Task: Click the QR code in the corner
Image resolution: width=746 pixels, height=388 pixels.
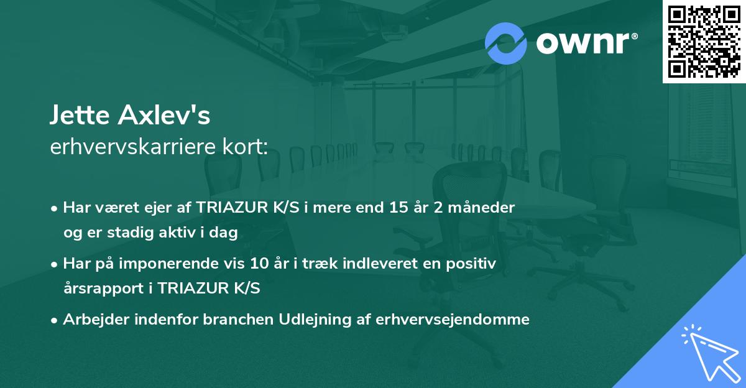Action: click(704, 41)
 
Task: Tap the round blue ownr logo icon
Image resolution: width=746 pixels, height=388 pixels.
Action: click(506, 44)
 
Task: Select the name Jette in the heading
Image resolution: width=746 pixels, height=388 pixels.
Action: click(76, 116)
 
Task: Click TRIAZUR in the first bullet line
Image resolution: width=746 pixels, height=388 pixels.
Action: click(229, 208)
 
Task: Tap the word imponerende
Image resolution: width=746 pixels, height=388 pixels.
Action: click(190, 264)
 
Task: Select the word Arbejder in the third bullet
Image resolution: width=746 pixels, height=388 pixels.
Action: click(91, 320)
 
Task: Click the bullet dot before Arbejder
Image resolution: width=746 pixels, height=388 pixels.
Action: click(55, 320)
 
